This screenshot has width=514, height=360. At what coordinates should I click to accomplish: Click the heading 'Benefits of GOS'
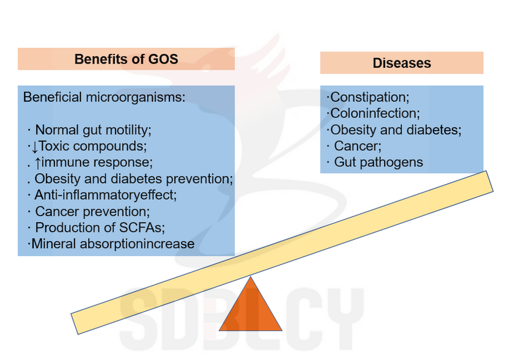click(x=126, y=59)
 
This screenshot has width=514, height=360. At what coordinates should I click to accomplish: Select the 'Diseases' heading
click(x=402, y=63)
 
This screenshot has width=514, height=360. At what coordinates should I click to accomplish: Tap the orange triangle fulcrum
click(x=250, y=304)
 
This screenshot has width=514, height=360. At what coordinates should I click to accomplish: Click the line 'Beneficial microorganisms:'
click(x=104, y=97)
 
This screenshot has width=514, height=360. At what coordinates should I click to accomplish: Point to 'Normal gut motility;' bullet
click(x=93, y=130)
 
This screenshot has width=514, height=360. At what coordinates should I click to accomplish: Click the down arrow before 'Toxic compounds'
click(x=34, y=147)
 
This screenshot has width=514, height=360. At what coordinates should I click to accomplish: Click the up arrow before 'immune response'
click(x=37, y=163)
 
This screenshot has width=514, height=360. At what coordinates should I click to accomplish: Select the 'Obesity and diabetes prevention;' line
click(x=134, y=179)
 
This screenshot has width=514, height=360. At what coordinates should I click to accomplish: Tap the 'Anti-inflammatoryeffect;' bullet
click(x=106, y=195)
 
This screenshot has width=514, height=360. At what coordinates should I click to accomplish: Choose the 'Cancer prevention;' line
click(x=93, y=212)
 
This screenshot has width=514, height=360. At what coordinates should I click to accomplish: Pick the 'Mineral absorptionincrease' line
click(x=112, y=244)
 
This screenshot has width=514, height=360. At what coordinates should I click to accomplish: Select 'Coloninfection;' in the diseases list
click(x=375, y=113)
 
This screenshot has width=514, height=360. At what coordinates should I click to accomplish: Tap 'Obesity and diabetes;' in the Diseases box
click(x=395, y=130)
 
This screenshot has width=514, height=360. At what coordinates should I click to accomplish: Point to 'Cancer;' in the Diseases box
click(x=357, y=146)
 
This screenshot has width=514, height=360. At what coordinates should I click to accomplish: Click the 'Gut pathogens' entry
click(x=379, y=163)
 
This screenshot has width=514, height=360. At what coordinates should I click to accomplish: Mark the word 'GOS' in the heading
click(x=163, y=59)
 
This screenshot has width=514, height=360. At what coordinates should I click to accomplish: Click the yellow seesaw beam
click(x=282, y=252)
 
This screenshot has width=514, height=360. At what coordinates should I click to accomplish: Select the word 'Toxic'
click(x=54, y=146)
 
